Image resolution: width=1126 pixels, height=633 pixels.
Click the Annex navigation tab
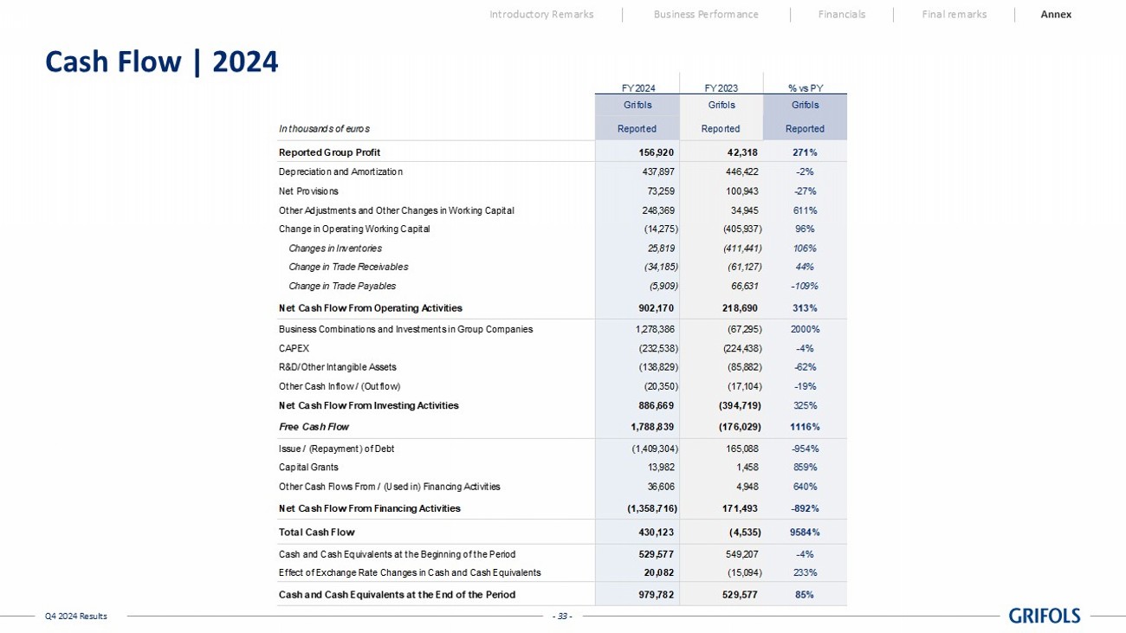point(1056,14)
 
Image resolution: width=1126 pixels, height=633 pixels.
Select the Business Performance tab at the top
point(706,14)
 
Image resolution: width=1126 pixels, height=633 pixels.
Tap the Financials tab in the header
point(841,14)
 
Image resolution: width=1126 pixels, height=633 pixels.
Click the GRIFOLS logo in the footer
point(1045,616)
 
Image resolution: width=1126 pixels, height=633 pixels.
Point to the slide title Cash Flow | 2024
point(161,61)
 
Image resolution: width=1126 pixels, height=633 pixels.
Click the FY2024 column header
point(638,87)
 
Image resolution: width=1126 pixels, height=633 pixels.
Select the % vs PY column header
point(805,87)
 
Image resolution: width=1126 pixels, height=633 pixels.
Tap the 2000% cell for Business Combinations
point(805,329)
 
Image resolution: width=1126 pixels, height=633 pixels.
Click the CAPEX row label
point(294,348)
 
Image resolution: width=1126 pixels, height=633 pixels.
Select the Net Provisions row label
point(308,191)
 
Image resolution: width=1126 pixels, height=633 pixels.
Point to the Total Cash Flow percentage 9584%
point(805,532)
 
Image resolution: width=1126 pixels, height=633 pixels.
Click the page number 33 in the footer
point(563,616)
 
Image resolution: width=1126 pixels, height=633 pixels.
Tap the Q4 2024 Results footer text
point(76,616)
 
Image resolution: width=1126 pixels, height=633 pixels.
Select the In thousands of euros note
point(324,129)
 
